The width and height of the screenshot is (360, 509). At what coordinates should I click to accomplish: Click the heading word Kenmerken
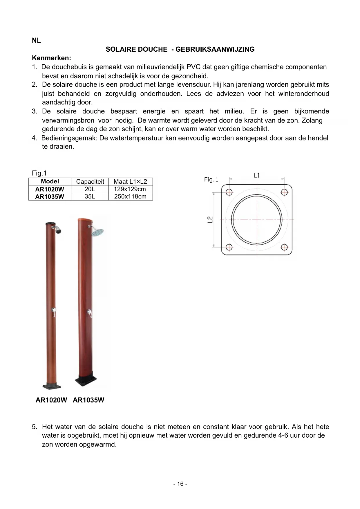(x=51, y=58)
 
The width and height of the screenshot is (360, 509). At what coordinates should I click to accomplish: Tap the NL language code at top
(x=36, y=41)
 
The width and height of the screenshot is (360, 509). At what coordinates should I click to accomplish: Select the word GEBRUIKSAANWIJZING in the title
(x=215, y=49)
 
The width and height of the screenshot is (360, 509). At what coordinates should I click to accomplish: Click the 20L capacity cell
(x=90, y=189)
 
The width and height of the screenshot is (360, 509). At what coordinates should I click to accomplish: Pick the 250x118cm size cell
(x=130, y=196)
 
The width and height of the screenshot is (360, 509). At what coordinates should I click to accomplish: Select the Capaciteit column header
(x=90, y=182)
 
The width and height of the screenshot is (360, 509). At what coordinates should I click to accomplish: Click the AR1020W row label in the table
(x=50, y=189)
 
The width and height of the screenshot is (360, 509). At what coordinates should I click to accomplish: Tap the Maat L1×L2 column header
(x=130, y=182)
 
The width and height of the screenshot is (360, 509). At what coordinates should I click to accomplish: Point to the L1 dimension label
(x=257, y=175)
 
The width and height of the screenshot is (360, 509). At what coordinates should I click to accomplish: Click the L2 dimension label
(x=210, y=220)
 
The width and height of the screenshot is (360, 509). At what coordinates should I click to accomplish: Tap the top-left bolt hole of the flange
(x=229, y=192)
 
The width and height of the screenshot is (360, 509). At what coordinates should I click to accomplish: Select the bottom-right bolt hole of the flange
(x=284, y=247)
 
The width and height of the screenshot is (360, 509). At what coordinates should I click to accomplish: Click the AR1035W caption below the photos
(x=88, y=400)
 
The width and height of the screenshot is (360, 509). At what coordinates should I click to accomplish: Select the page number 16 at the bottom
(x=180, y=484)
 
